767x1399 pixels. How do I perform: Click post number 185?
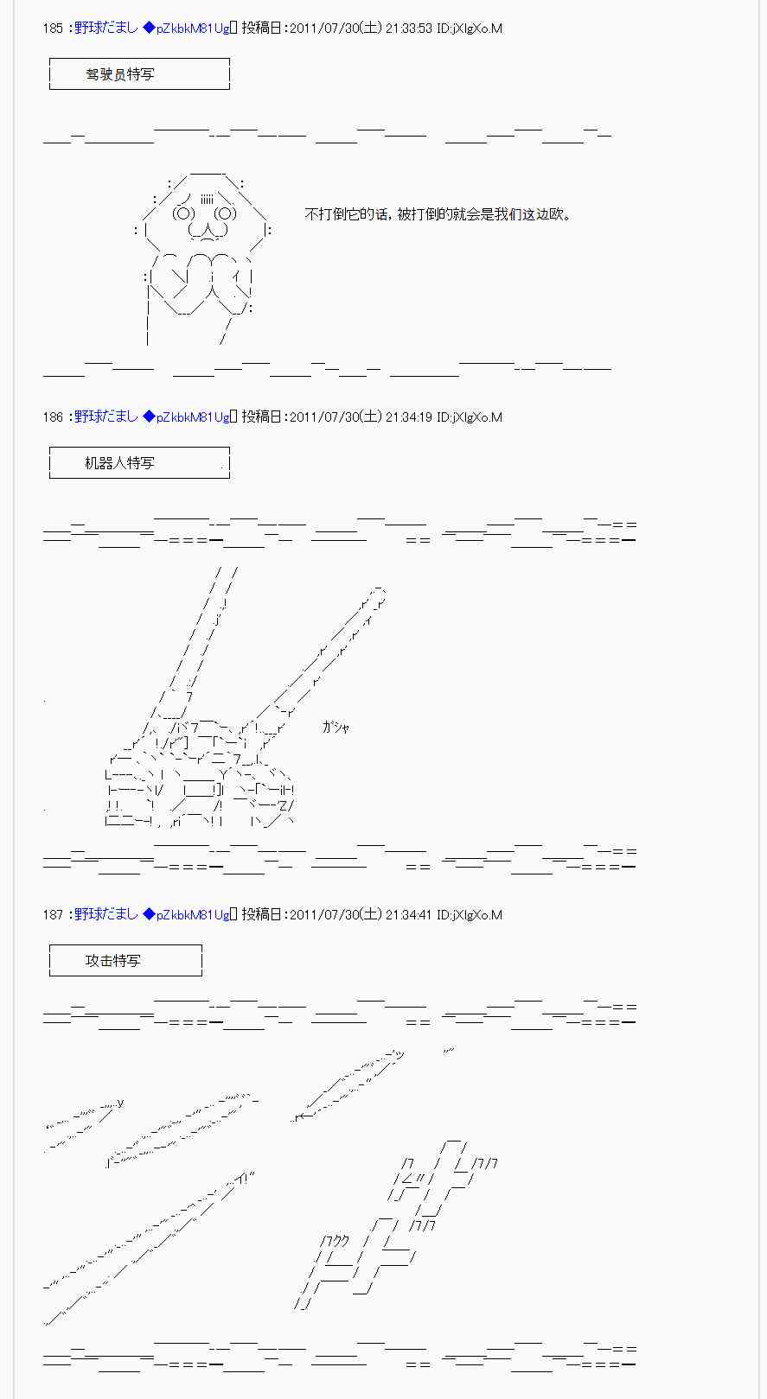(53, 29)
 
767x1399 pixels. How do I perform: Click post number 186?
(53, 417)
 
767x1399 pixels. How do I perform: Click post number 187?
(53, 914)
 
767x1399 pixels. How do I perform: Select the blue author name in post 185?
(106, 29)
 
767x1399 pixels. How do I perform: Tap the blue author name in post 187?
(106, 914)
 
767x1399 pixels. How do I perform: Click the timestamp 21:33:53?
(409, 29)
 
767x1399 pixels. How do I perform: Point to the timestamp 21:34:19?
(409, 417)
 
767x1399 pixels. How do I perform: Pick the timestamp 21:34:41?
(409, 914)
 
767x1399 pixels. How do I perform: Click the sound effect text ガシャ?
(336, 727)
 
